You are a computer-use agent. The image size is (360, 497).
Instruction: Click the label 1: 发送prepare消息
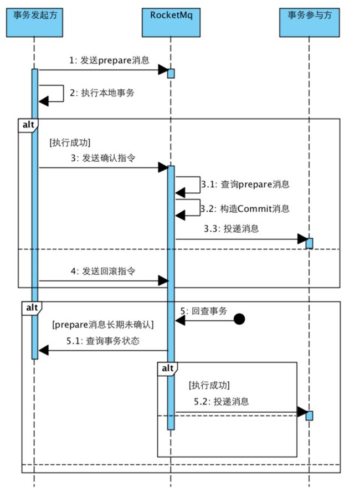point(109,60)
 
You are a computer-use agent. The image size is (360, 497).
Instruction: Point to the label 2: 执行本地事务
point(102,93)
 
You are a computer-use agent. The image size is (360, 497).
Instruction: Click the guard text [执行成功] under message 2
point(70,142)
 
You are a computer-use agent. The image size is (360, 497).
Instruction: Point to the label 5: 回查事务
point(203,311)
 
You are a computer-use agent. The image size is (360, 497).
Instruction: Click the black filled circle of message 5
point(239,319)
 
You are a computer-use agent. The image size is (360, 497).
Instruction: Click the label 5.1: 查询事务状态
point(102,341)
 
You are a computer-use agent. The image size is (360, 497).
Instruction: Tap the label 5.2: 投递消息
point(221,402)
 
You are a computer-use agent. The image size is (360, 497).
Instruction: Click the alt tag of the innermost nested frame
point(167,368)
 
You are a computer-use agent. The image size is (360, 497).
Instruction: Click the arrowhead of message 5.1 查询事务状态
point(44,350)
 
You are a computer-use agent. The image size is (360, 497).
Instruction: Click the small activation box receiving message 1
point(171,73)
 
